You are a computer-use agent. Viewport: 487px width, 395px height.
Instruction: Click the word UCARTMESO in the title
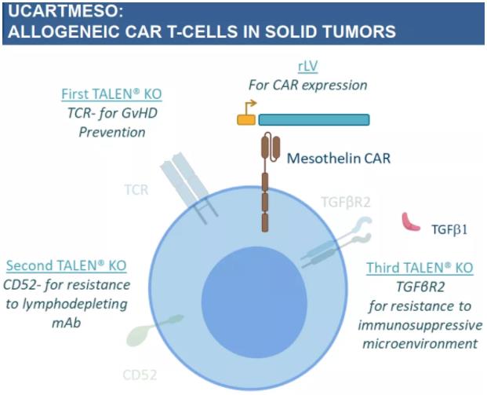(x=57, y=13)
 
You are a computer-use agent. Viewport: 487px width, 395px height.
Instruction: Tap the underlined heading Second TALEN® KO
(x=66, y=265)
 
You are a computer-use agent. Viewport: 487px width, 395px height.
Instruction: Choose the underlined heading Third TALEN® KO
(x=420, y=268)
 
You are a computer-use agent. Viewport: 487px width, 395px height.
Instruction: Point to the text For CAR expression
(x=307, y=85)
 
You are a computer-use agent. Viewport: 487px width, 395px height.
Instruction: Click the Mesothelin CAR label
(x=338, y=159)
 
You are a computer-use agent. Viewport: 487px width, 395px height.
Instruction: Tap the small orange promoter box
(x=246, y=120)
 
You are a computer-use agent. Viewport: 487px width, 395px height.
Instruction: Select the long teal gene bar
(x=314, y=120)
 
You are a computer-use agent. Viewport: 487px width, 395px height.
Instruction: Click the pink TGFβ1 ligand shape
(x=410, y=221)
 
